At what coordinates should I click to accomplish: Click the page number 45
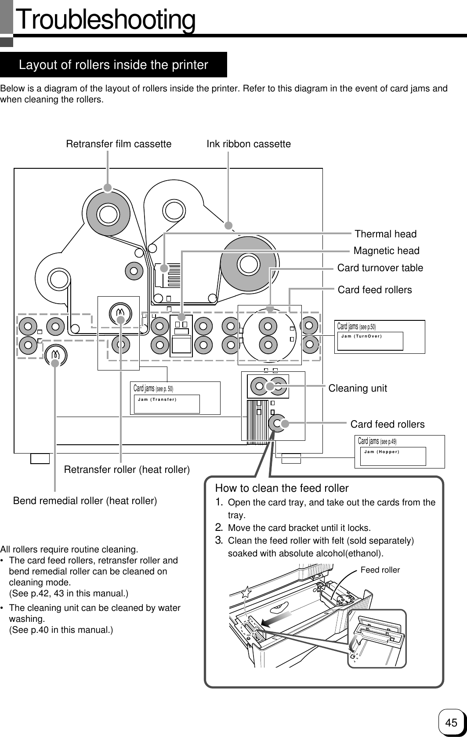(x=451, y=722)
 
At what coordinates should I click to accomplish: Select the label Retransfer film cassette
(x=119, y=144)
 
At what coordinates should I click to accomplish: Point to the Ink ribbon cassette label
(x=249, y=144)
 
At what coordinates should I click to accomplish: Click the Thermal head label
(x=385, y=234)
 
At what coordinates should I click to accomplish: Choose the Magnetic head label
(x=386, y=251)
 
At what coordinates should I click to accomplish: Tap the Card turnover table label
(x=380, y=268)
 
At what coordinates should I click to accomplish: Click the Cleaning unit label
(x=358, y=388)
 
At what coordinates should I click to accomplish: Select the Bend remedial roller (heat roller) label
(x=85, y=501)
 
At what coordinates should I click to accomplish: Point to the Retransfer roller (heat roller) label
(x=127, y=470)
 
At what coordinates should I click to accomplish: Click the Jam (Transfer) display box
(x=167, y=403)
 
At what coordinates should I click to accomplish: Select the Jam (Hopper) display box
(x=392, y=456)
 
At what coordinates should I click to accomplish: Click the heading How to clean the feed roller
(x=282, y=488)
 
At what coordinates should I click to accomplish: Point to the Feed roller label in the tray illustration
(x=380, y=570)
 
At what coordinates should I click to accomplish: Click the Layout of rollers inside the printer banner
(x=113, y=65)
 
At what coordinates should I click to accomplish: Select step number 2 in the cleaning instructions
(x=220, y=527)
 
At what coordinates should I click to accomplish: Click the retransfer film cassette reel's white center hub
(x=108, y=214)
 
